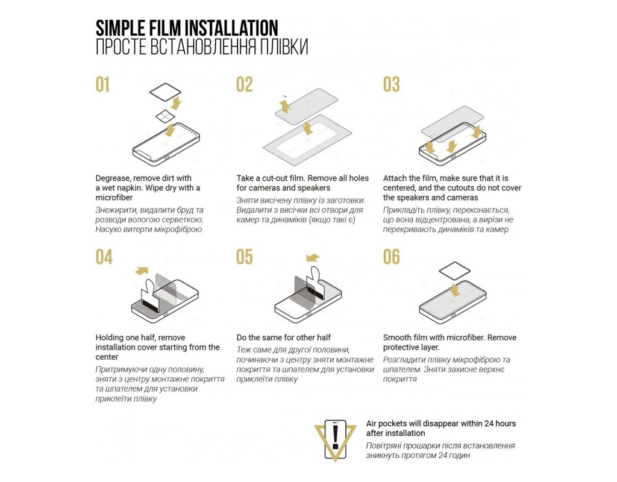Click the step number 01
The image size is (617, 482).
tap(102, 84)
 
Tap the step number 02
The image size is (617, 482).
tap(245, 84)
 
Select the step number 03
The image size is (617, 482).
tap(392, 84)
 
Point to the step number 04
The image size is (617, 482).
tap(104, 257)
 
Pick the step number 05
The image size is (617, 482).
tap(245, 257)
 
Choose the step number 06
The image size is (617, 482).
tap(392, 257)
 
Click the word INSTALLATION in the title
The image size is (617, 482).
tap(231, 28)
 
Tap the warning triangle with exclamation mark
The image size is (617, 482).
tap(335, 439)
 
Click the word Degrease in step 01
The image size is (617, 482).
tap(112, 178)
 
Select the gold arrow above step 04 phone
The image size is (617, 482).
tap(142, 271)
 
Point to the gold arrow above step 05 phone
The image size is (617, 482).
tap(313, 258)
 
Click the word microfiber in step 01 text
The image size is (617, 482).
tap(114, 198)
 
